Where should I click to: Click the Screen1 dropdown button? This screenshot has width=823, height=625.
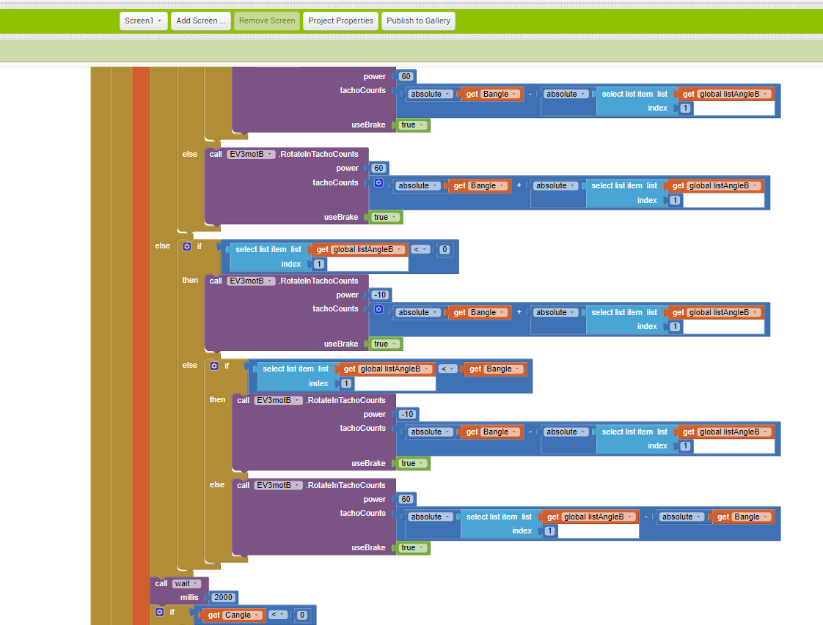143,21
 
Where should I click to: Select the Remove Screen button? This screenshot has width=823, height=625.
267,21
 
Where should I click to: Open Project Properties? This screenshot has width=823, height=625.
340,21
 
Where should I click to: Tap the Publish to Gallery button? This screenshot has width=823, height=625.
418,21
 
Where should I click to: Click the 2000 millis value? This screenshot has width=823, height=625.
223,597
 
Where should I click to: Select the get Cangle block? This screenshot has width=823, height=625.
228,615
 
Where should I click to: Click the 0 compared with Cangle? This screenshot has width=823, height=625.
301,615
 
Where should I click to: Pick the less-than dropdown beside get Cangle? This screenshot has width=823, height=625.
278,615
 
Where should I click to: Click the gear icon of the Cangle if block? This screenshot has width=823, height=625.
160,612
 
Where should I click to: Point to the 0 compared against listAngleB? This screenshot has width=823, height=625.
445,250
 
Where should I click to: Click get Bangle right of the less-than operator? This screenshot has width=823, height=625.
493,369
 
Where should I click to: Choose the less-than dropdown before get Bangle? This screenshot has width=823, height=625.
447,369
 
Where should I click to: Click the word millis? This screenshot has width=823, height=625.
189,597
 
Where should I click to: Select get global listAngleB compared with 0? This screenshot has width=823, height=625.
358,250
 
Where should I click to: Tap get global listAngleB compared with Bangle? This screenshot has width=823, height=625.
386,369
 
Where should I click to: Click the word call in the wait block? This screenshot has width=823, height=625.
161,583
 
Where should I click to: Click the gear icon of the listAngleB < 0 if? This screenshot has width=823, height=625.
187,246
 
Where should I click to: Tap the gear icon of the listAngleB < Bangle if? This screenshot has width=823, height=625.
214,366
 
